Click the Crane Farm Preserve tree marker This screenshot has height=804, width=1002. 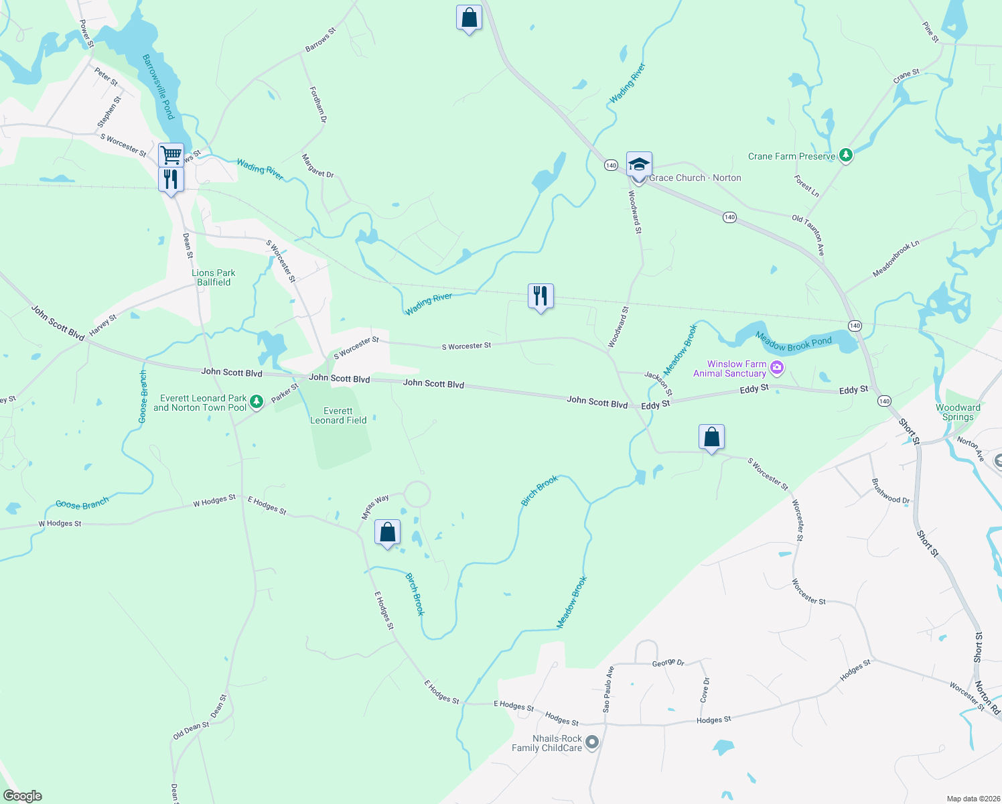(846, 156)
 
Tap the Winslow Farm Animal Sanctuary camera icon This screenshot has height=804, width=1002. (777, 367)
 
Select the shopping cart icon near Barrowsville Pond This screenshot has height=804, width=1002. (171, 155)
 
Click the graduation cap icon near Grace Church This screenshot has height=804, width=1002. (639, 163)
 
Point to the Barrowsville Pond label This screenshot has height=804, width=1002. (159, 87)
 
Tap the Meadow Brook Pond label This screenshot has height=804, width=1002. (794, 344)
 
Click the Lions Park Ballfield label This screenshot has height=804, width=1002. (214, 277)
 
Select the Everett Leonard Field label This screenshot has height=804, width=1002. (338, 415)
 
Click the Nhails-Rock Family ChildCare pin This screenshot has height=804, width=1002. (591, 742)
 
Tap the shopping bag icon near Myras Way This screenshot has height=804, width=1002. (388, 533)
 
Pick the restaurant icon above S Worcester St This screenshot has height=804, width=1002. (541, 296)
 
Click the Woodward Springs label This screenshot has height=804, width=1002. (958, 412)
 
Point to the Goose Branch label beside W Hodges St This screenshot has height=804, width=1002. (82, 504)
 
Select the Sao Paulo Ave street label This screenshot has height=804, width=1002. (608, 689)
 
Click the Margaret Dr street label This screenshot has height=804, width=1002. (317, 165)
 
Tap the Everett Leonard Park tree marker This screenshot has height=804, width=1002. (256, 402)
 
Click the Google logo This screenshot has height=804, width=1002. (23, 796)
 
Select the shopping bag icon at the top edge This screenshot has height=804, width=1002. (469, 18)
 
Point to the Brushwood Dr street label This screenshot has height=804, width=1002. (891, 490)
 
